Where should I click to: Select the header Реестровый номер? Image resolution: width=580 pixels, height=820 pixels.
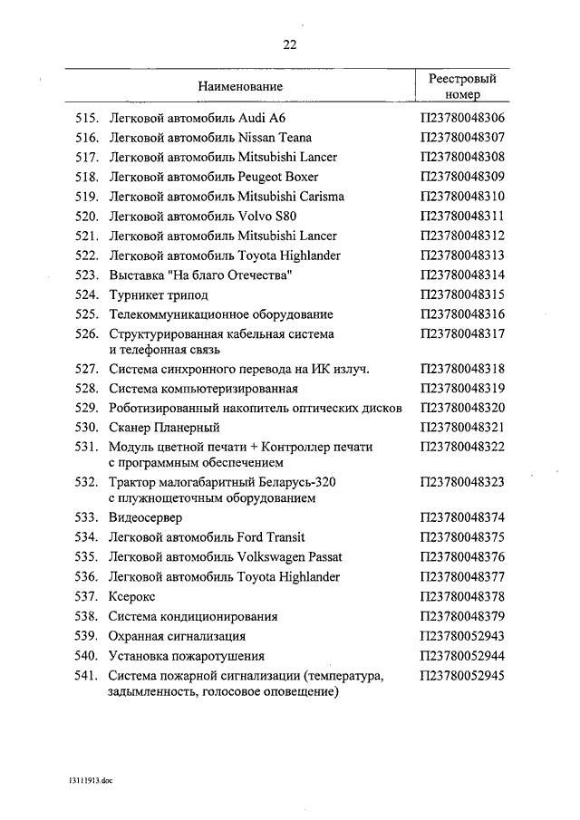(462, 86)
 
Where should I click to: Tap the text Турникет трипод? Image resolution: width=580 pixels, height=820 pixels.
(158, 294)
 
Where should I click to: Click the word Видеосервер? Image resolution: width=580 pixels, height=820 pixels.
(145, 518)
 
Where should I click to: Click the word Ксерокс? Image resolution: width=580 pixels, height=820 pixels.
(132, 596)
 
